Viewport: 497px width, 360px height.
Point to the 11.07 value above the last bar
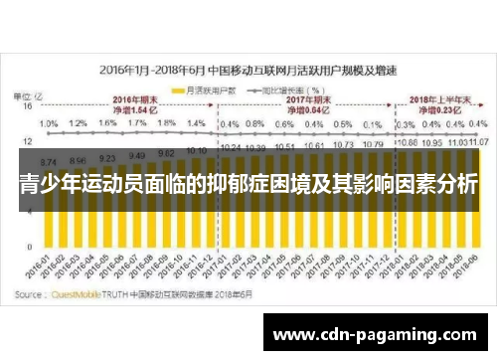[475, 144]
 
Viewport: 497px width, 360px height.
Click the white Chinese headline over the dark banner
[248, 184]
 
